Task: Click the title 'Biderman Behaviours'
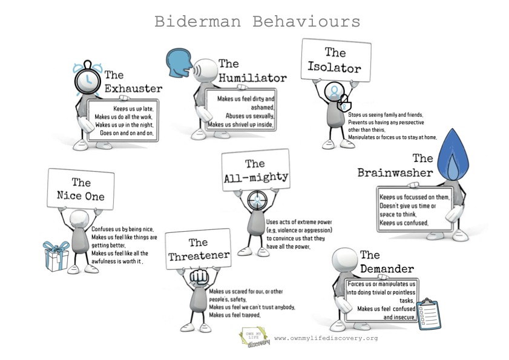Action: pos(257,22)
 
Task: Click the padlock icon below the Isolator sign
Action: pos(343,102)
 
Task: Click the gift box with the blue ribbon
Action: pos(56,256)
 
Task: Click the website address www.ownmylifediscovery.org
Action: pos(326,338)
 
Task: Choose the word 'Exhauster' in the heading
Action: pos(133,89)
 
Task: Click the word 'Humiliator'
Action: pos(252,77)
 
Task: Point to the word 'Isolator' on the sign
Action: pos(334,67)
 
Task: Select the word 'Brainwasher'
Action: pos(395,172)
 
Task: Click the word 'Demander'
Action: pos(387,269)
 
